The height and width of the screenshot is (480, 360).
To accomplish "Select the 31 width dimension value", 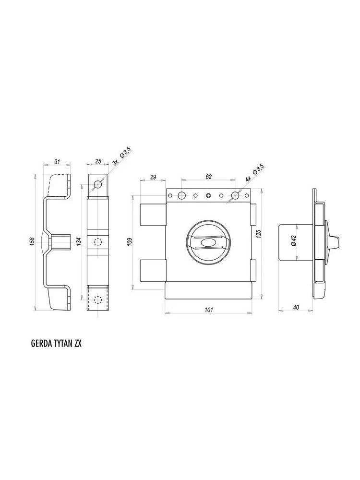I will coord(57,162).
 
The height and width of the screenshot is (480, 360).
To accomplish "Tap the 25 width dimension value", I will coord(98,162).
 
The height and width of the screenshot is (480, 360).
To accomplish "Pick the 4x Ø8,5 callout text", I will coord(255,172).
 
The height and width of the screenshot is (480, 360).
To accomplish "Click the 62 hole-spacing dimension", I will coord(209,177).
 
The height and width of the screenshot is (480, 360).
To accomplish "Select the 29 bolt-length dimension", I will coord(153,177).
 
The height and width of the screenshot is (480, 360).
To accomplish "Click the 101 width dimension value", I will coord(208,310).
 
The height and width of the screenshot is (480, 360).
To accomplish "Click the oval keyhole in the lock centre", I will coord(208,243).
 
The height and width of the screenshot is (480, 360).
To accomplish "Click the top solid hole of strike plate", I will coord(98,184).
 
